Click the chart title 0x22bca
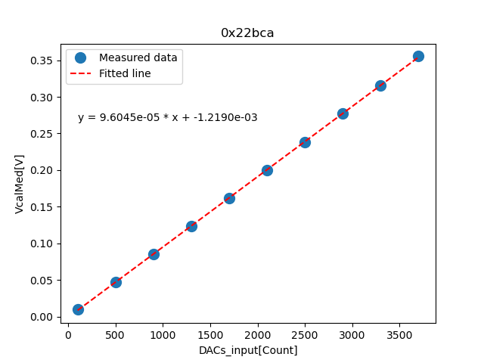[247, 33]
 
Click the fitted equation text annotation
[167, 118]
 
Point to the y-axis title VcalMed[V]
[20, 184]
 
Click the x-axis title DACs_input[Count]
[248, 350]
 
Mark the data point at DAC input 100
[78, 309]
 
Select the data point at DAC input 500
[116, 282]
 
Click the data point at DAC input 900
[154, 254]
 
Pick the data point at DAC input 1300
[191, 226]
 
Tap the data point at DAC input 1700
[229, 198]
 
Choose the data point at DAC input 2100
[267, 170]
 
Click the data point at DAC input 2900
[343, 113]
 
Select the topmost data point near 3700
[418, 56]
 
